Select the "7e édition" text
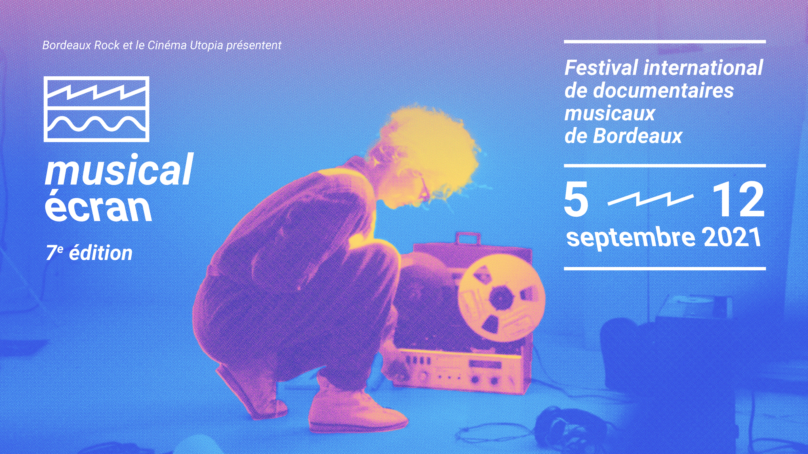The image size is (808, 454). (89, 253)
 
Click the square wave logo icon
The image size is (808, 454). (97, 109)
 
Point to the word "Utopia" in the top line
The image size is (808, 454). (206, 46)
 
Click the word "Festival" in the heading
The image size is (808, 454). (601, 67)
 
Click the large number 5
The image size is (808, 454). (577, 199)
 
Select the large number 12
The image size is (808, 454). (739, 199)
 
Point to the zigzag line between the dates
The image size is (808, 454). (650, 199)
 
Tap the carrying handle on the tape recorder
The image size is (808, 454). (468, 238)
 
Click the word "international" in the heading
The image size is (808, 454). (703, 67)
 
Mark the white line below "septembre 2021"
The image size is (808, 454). (665, 268)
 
